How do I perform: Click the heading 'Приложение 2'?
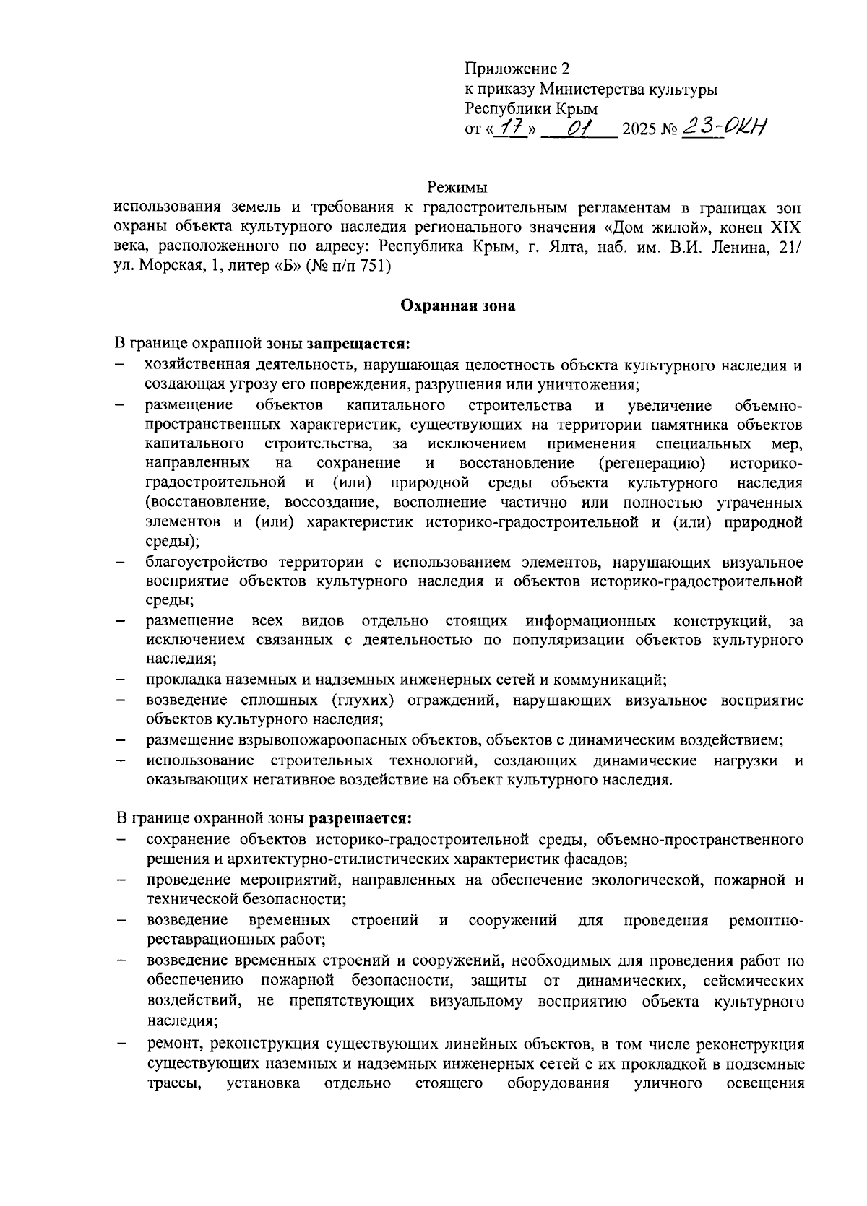click(517, 69)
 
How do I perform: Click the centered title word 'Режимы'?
click(458, 188)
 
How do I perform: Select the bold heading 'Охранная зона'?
click(458, 305)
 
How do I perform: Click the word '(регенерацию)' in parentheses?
click(652, 462)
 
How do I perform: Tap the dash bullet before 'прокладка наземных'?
click(121, 680)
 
